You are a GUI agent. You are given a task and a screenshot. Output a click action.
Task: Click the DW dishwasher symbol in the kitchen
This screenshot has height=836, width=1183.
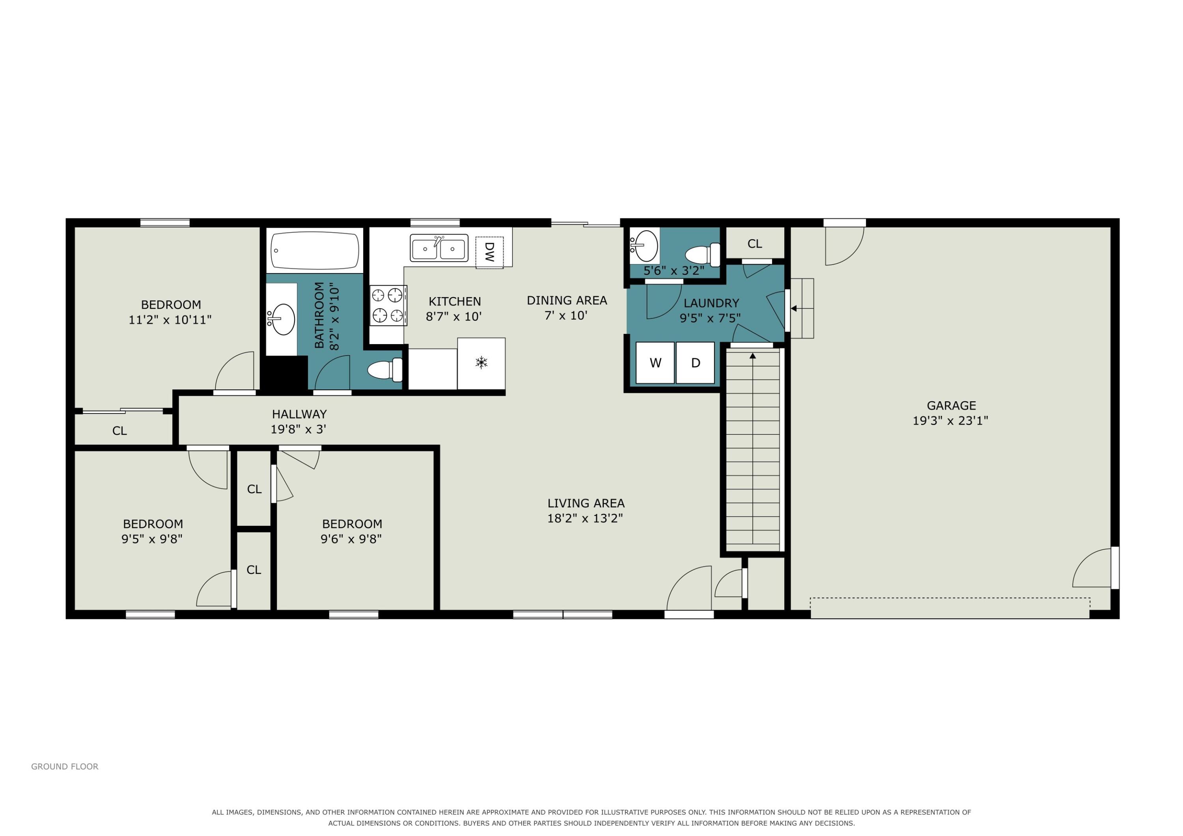pos(489,252)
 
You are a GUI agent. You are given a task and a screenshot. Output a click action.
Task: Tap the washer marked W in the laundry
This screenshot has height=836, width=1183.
pos(655,363)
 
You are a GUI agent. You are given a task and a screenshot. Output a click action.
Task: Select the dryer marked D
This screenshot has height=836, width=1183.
pos(695,363)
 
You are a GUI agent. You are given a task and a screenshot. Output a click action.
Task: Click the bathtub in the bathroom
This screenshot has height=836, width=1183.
pos(314,251)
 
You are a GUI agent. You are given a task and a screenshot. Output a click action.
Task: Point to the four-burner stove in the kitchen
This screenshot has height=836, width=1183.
pos(388,306)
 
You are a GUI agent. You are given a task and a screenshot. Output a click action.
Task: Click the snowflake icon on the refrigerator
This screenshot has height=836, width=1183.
pos(481,363)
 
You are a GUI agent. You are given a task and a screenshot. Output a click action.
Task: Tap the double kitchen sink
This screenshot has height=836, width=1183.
pos(439,248)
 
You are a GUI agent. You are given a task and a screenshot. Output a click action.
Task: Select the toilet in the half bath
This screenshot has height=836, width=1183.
pos(703,255)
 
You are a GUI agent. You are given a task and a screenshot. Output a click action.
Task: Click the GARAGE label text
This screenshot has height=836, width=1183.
pos(951,405)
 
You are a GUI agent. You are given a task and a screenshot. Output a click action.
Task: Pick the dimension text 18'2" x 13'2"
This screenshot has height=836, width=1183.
pos(585,518)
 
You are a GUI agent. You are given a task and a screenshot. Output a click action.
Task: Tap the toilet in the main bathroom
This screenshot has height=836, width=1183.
pos(385,370)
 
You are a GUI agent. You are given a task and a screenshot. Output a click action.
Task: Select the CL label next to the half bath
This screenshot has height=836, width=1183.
pos(755,244)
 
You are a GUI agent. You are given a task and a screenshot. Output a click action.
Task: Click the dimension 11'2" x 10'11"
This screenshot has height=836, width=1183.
pos(170,320)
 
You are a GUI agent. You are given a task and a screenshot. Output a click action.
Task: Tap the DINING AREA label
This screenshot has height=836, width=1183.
pos(567,300)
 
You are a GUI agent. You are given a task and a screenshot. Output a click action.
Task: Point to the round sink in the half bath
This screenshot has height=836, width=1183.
pos(645,246)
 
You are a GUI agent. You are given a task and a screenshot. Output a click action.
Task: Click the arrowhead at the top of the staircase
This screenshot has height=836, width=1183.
pos(753,356)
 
